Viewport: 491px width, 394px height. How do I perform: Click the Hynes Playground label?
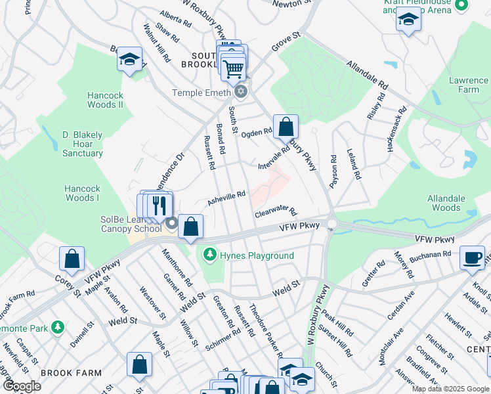tap(257, 255)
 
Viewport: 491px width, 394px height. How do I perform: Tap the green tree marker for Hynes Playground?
tap(210, 253)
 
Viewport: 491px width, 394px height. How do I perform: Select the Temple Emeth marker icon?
tap(241, 92)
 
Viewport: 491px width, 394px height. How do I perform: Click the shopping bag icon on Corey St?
tap(72, 259)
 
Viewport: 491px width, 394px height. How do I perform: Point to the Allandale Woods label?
tap(446, 203)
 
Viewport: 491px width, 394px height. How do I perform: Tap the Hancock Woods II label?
tap(106, 100)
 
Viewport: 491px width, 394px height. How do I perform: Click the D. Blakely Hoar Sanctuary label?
tap(83, 144)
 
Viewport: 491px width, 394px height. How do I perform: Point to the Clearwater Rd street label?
tap(276, 213)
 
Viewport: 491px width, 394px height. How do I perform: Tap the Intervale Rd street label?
tap(274, 156)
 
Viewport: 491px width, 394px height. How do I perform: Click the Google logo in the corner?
tap(22, 386)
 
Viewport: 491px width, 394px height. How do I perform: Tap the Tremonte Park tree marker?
tap(58, 326)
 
